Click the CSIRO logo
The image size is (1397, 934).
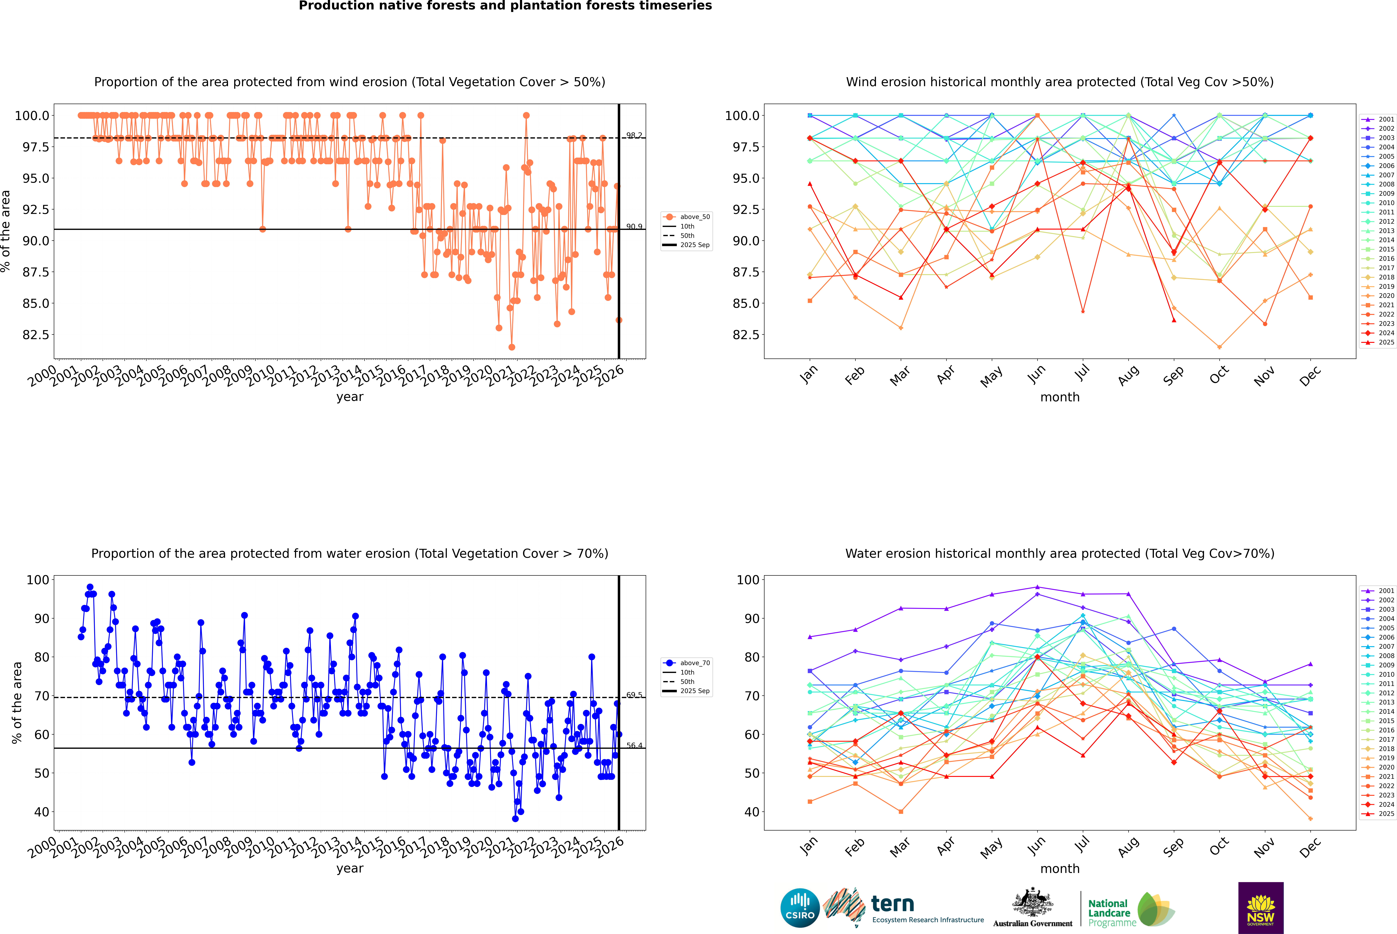pos(800,908)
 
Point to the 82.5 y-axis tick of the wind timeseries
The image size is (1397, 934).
pos(36,335)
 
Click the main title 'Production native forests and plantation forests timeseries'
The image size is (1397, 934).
pos(505,6)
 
